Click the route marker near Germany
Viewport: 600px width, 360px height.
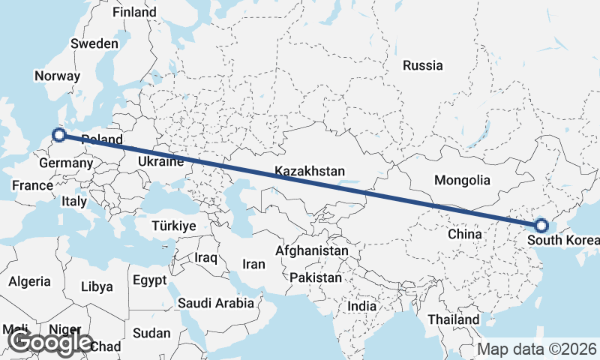pyautogui.click(x=59, y=136)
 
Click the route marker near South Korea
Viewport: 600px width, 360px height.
pyautogui.click(x=541, y=225)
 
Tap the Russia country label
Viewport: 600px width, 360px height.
pyautogui.click(x=422, y=65)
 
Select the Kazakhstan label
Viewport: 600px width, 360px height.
pyautogui.click(x=309, y=171)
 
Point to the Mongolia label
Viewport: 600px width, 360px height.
pyautogui.click(x=462, y=180)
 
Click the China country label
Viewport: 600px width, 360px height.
pyautogui.click(x=464, y=234)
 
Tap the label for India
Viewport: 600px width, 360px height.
pyautogui.click(x=362, y=307)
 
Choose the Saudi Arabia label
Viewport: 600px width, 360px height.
pyautogui.click(x=215, y=303)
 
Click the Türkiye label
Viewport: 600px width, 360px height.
pyautogui.click(x=173, y=226)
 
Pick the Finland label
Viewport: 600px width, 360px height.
pyautogui.click(x=134, y=12)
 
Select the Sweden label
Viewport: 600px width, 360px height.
pyautogui.click(x=94, y=43)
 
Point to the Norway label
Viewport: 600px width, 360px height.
pyautogui.click(x=57, y=76)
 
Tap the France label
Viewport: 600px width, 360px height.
pyautogui.click(x=32, y=185)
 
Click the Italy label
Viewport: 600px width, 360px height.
pyautogui.click(x=74, y=201)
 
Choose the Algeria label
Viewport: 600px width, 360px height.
pyautogui.click(x=30, y=281)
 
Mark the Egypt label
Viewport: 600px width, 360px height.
pyautogui.click(x=149, y=280)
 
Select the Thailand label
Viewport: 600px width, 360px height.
pyautogui.click(x=454, y=319)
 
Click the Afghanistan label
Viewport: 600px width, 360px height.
pyautogui.click(x=312, y=250)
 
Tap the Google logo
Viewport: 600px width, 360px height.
pyautogui.click(x=51, y=343)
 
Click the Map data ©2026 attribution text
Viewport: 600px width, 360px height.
pyautogui.click(x=537, y=349)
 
